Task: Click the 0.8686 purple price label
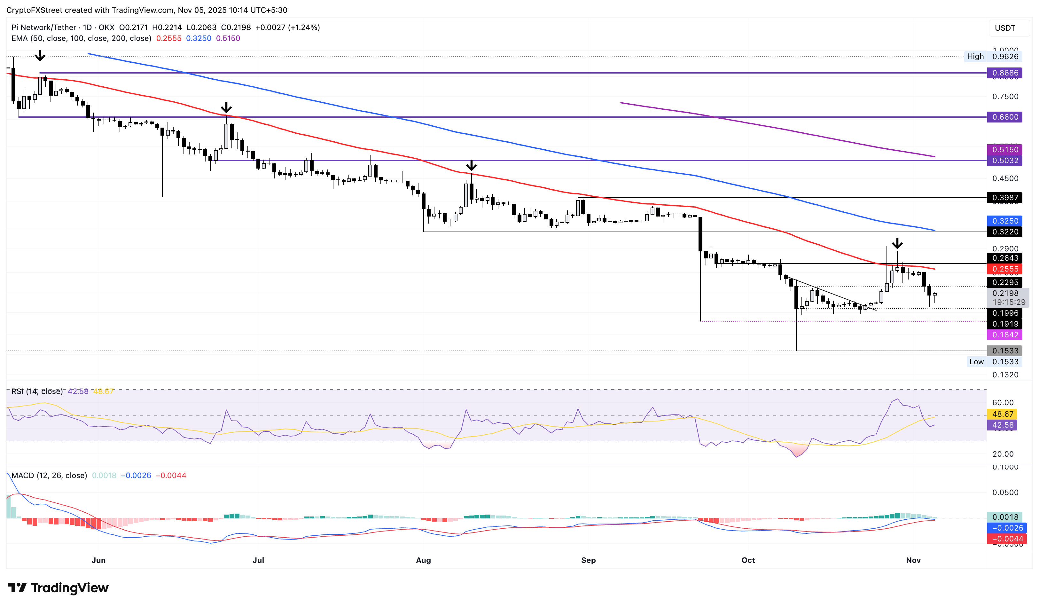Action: [1004, 73]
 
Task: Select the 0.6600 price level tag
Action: [1004, 117]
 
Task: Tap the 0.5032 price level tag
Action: [1004, 161]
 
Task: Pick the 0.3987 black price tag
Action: [1004, 198]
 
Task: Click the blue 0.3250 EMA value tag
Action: [1004, 221]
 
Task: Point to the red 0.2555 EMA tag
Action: [1004, 269]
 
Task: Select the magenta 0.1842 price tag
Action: [1004, 335]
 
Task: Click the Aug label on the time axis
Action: [424, 560]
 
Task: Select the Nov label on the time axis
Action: [913, 560]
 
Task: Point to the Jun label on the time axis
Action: [98, 560]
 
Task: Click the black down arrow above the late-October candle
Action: [897, 243]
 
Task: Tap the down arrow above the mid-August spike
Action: [471, 165]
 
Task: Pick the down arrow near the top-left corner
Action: [40, 55]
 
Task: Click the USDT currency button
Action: [1005, 28]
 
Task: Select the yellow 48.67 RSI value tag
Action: [1002, 414]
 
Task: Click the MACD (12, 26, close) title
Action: [49, 476]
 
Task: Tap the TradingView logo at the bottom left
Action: [58, 587]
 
